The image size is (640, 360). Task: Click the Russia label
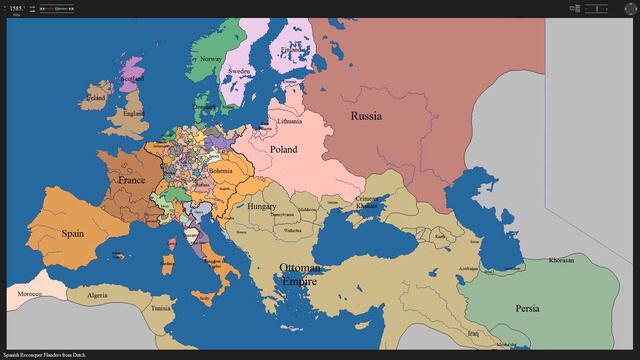tap(366, 116)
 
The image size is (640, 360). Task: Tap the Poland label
tap(283, 149)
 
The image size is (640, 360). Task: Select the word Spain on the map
tap(72, 233)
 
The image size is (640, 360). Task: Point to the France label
tap(132, 180)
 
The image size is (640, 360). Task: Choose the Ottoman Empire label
tap(300, 275)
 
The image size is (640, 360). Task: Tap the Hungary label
tap(262, 206)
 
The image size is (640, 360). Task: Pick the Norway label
tap(211, 59)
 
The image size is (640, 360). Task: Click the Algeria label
tap(97, 296)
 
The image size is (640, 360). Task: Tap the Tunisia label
tap(161, 308)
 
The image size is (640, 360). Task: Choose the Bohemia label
tap(221, 170)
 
